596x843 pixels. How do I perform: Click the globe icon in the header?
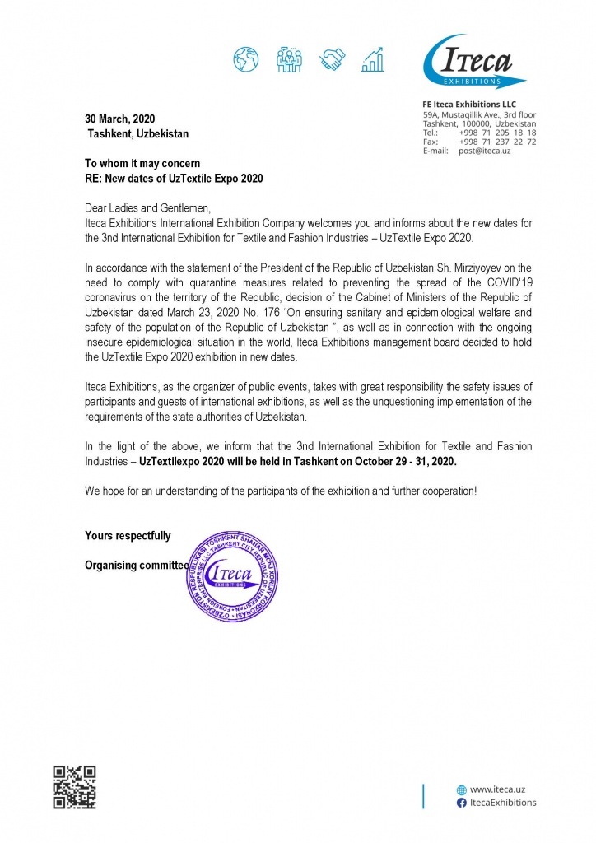pos(245,58)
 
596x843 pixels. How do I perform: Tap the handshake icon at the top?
pos(333,58)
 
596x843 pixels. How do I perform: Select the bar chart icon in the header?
pos(375,58)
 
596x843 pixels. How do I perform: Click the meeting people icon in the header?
pos(289,58)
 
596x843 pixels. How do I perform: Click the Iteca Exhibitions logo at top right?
pos(473,62)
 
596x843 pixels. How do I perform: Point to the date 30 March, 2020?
pos(119,119)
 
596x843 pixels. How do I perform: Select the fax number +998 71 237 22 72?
pos(498,142)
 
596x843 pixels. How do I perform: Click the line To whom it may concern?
pos(142,163)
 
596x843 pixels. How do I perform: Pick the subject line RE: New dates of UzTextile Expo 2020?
pos(174,178)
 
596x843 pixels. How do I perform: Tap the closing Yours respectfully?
pos(128,536)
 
